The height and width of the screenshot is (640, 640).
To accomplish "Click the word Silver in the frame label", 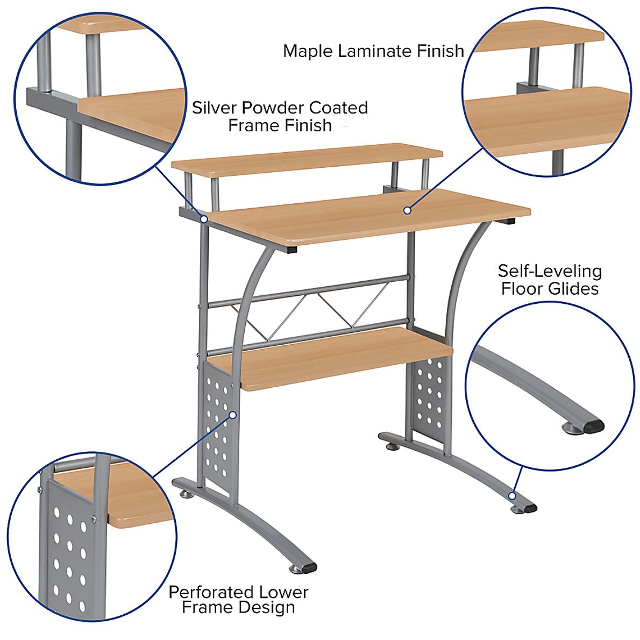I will (x=215, y=108).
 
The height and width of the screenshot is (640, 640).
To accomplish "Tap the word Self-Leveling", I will (x=549, y=271).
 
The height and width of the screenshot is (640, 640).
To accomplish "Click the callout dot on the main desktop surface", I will (x=407, y=210).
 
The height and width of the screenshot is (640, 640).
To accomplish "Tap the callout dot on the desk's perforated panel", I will (x=233, y=415).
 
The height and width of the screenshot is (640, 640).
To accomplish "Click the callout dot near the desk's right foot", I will (x=513, y=495).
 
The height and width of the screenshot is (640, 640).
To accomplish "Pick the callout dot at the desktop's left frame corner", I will (x=204, y=219).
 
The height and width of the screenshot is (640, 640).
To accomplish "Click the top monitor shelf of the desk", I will (x=307, y=158).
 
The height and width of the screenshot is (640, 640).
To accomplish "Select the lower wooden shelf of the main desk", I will (x=344, y=358).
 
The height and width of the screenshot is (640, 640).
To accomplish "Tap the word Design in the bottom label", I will (x=268, y=608).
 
